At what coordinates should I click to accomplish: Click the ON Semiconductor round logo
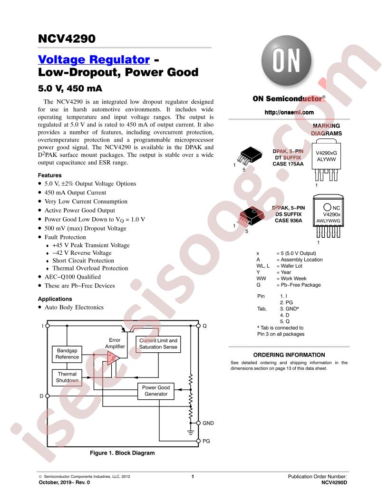286,60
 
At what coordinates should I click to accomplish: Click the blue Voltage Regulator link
94,59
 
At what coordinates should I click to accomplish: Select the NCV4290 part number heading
67,39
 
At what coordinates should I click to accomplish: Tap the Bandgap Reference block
67,354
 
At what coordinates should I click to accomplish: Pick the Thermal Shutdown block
67,377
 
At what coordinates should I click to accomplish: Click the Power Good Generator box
156,391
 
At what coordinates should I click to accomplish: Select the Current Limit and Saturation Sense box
158,344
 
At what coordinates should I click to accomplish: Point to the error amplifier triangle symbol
113,358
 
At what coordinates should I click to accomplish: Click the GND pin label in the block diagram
208,423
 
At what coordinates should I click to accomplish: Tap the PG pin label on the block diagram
206,441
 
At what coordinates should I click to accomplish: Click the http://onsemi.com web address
289,112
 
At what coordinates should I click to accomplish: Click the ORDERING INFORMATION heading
289,355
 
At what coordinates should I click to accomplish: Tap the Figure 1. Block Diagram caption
122,453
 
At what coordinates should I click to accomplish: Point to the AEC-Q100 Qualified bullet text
72,277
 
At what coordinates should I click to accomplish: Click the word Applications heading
55,299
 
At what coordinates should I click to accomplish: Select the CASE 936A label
289,220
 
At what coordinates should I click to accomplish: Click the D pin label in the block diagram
41,396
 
